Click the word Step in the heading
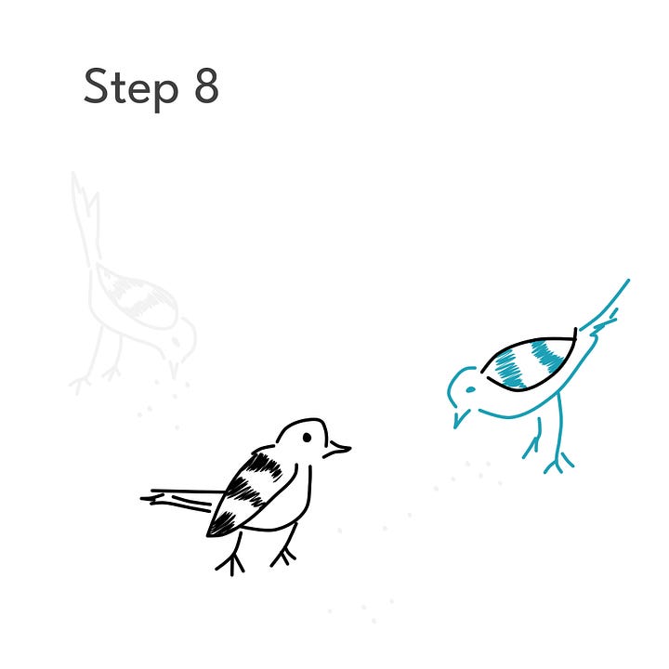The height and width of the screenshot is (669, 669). click(x=131, y=89)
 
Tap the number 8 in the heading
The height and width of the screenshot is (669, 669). click(x=206, y=85)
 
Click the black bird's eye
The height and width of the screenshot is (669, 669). click(x=307, y=438)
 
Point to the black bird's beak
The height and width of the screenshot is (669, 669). click(x=338, y=450)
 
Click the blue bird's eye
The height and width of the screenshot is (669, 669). click(x=470, y=389)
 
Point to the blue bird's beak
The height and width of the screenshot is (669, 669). click(x=460, y=418)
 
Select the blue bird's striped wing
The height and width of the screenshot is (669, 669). click(x=529, y=362)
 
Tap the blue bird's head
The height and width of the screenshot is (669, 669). click(x=463, y=388)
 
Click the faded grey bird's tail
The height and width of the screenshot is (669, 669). click(x=86, y=217)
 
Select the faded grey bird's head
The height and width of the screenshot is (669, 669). click(x=181, y=339)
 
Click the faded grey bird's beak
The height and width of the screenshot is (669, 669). click(x=173, y=370)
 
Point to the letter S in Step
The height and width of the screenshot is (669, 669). click(x=95, y=85)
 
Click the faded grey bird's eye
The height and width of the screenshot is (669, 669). click(x=176, y=342)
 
